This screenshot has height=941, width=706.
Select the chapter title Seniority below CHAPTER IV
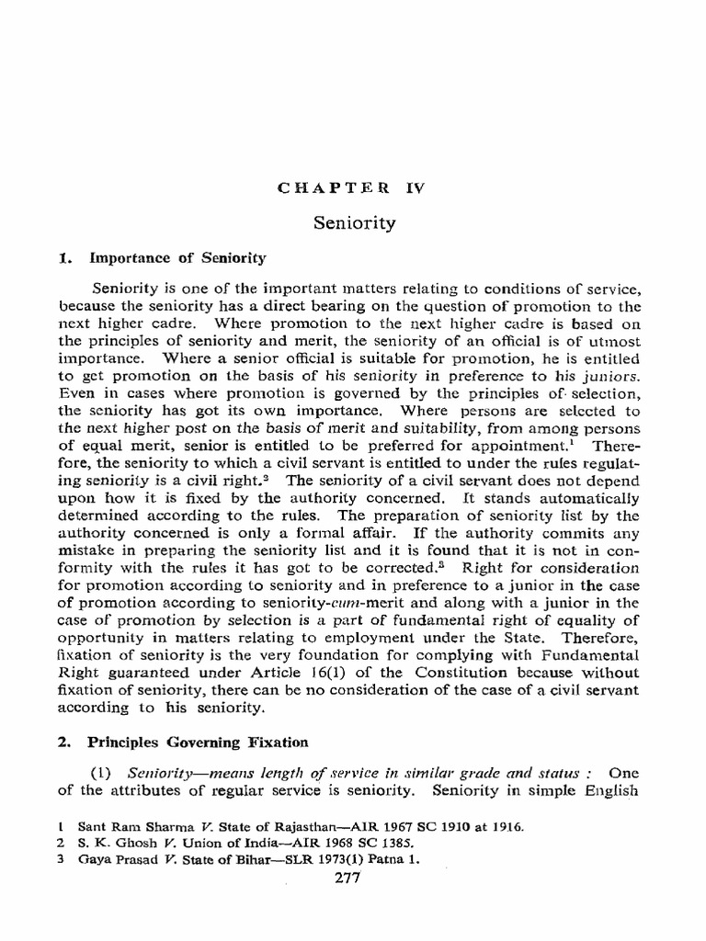354,222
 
